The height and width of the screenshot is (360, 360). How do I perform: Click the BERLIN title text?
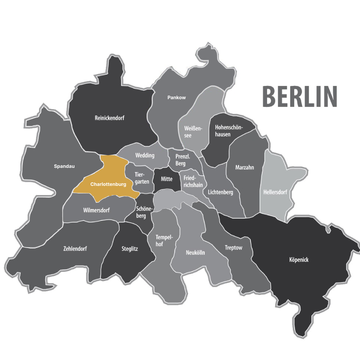pos(299,96)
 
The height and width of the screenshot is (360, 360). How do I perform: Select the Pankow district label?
pos(177,98)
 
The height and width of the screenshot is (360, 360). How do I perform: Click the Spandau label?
pos(64,166)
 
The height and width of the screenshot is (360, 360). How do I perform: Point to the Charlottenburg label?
pos(108,184)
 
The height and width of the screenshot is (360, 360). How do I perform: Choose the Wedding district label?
pos(145,155)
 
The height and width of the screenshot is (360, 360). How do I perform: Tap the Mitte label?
pos(167,179)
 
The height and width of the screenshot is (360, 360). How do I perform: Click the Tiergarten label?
pos(142,178)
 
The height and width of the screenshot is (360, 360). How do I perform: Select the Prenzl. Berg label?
pos(183,160)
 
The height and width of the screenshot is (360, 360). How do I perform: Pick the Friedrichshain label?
pos(192,182)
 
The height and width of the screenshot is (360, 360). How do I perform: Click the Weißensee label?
pos(193,132)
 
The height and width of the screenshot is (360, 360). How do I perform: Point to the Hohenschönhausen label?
pos(228,131)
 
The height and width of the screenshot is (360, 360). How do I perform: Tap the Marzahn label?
pos(245,168)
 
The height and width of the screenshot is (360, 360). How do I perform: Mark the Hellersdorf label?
pos(275,192)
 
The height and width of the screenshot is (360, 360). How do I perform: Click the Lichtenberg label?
pos(220,192)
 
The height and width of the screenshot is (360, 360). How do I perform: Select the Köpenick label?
pos(299,260)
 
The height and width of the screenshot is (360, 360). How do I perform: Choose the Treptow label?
pos(234,248)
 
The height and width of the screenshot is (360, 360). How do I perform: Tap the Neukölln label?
pos(195,253)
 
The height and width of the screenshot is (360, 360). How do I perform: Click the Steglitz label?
pos(130,249)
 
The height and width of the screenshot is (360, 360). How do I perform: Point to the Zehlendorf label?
pos(75,249)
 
